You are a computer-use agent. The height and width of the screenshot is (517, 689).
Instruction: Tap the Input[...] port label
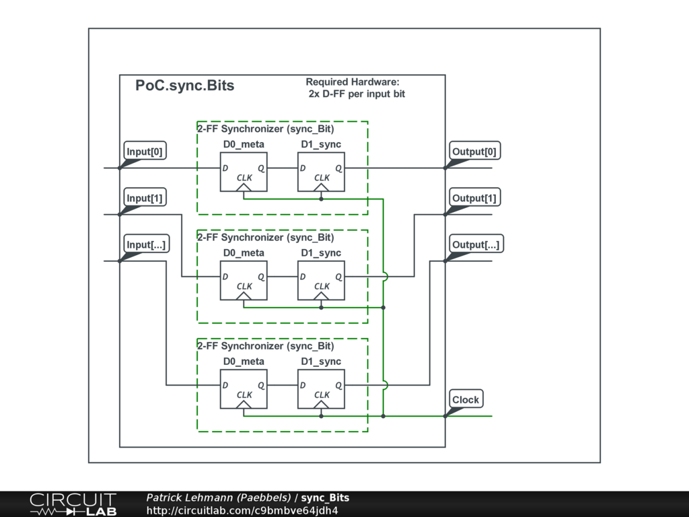pyautogui.click(x=146, y=244)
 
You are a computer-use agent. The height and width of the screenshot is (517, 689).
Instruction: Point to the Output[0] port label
pyautogui.click(x=474, y=151)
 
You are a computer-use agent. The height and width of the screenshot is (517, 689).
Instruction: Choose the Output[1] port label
pyautogui.click(x=474, y=198)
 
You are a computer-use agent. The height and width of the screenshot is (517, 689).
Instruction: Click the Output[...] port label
pyautogui.click(x=476, y=244)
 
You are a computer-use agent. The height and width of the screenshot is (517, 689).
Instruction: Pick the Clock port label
pyautogui.click(x=466, y=399)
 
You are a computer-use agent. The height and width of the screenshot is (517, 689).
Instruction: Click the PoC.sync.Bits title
pyautogui.click(x=185, y=85)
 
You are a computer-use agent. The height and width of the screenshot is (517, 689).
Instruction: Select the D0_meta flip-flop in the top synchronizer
pyautogui.click(x=244, y=172)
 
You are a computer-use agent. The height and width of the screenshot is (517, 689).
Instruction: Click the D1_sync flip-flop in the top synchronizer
pyautogui.click(x=321, y=172)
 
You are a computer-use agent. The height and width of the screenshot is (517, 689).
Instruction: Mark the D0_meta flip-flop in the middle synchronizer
pyautogui.click(x=244, y=280)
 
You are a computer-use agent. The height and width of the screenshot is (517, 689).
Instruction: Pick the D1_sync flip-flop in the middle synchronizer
pyautogui.click(x=321, y=280)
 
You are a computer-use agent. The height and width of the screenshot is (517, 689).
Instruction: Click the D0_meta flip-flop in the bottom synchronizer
pyautogui.click(x=244, y=388)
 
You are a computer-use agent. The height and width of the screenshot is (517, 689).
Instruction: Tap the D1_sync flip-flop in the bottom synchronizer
pyautogui.click(x=321, y=388)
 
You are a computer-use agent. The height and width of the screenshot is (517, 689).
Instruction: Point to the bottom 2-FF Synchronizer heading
pyautogui.click(x=265, y=346)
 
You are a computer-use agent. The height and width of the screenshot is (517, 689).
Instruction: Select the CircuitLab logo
pyautogui.click(x=72, y=504)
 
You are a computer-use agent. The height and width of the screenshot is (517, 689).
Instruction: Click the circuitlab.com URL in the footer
pyautogui.click(x=242, y=510)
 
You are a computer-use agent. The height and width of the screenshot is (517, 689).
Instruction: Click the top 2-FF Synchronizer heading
pyautogui.click(x=265, y=129)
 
